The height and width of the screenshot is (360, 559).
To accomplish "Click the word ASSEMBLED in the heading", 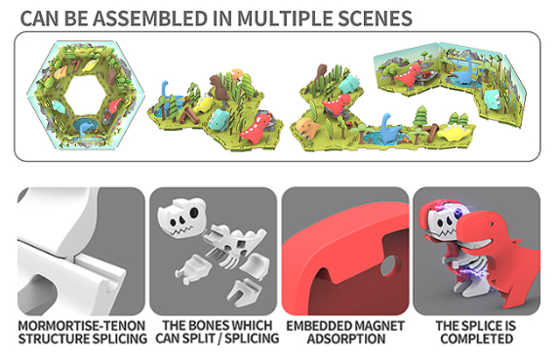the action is (x=150, y=19).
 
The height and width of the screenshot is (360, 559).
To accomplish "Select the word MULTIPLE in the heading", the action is (x=285, y=19).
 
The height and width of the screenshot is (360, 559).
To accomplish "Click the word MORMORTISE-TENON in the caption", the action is (x=82, y=326).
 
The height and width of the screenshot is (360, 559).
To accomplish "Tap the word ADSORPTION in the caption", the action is (x=346, y=339).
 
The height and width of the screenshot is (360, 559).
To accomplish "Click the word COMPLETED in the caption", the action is (x=477, y=339).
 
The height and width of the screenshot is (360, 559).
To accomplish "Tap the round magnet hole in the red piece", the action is (x=389, y=265).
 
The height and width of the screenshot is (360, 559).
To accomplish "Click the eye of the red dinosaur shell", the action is (x=492, y=225).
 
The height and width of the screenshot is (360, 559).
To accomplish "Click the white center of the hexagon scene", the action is (x=86, y=95).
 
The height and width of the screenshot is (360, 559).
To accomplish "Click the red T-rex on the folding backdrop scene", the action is (x=410, y=75).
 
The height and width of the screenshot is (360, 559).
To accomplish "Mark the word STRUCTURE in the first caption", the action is (x=52, y=339).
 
